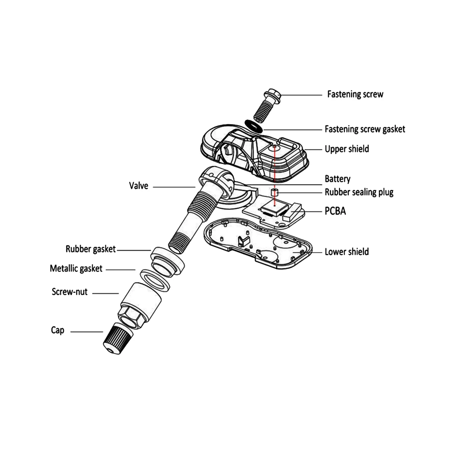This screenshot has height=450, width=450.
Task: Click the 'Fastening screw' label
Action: coord(355,94)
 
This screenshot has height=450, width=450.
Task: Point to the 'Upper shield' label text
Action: coord(346,149)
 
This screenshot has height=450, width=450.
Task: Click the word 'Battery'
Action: coord(337,179)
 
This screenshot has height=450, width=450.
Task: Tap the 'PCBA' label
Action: coord(335,211)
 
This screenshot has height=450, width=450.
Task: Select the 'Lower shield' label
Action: coord(346,252)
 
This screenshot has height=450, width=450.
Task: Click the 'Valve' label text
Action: coord(138,186)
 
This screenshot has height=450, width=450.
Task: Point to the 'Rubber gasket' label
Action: coord(91,249)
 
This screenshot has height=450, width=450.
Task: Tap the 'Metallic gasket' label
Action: coord(76,268)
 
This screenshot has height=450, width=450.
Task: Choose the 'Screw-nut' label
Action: coord(70,292)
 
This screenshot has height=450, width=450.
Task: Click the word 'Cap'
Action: coord(58,330)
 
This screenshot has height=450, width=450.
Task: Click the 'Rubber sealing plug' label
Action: coord(359,192)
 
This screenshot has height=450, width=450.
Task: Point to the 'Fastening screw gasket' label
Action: coord(364,129)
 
